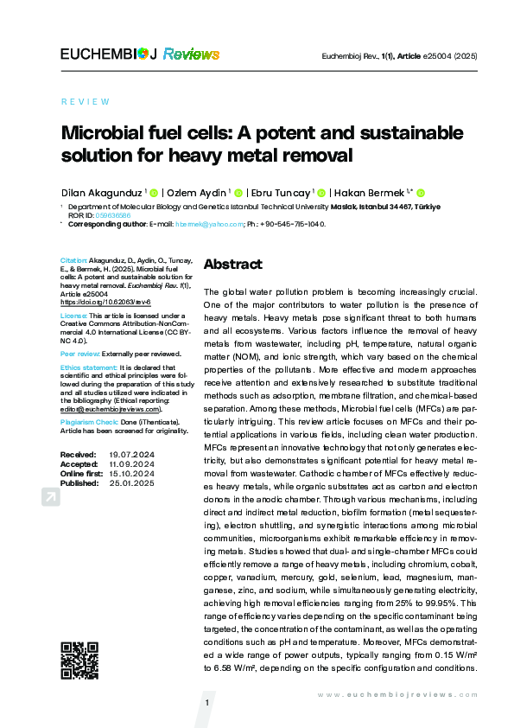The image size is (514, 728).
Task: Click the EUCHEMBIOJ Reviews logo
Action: [139, 54]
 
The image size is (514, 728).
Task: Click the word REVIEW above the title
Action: [86, 101]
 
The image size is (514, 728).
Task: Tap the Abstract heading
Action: [232, 264]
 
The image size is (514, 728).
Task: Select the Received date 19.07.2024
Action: [131, 454]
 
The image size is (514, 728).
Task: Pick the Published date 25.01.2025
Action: [131, 482]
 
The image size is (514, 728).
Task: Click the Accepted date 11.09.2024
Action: [131, 463]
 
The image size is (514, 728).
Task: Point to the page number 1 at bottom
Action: [208, 703]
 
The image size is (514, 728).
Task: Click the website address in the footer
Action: [397, 694]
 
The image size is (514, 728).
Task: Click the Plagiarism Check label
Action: [89, 422]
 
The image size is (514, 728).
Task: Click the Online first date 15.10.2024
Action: [131, 473]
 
